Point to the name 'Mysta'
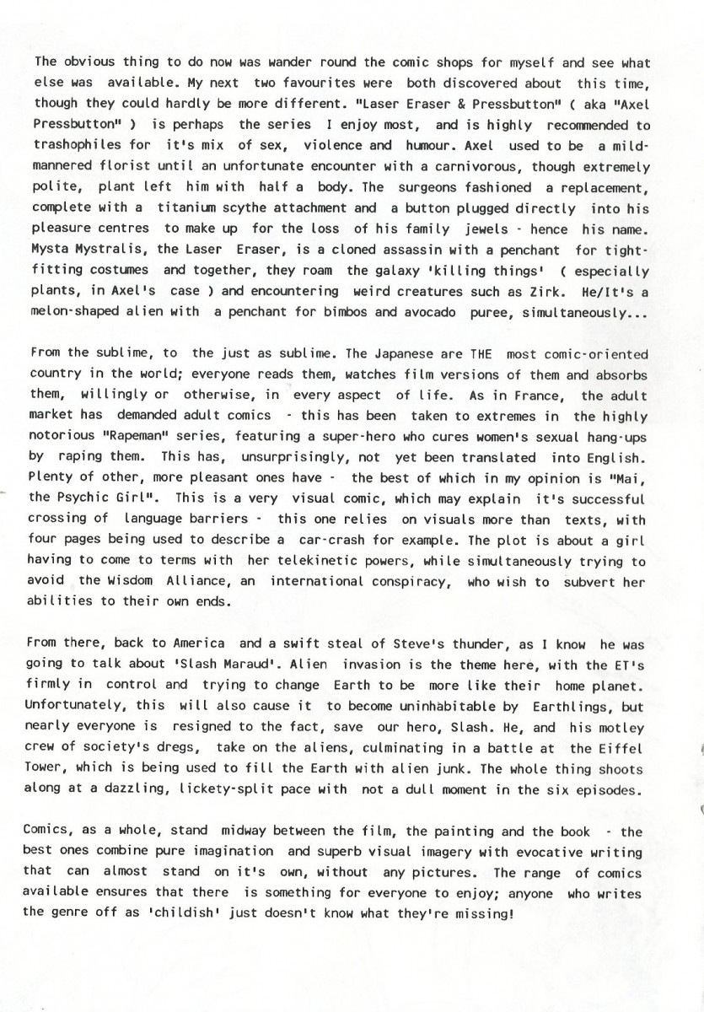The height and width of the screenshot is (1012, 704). tap(52, 249)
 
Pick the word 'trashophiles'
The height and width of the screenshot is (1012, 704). tap(77, 145)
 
